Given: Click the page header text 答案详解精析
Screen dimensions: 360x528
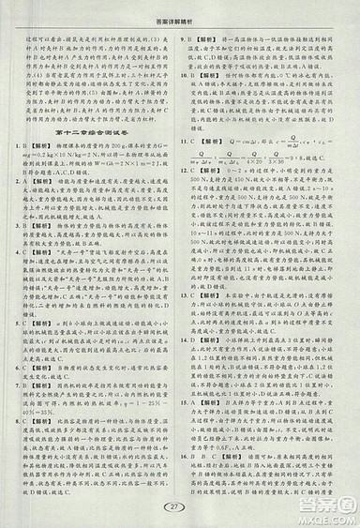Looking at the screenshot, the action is pos(180,8).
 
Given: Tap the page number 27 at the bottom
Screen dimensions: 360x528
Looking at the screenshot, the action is pos(180,506).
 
